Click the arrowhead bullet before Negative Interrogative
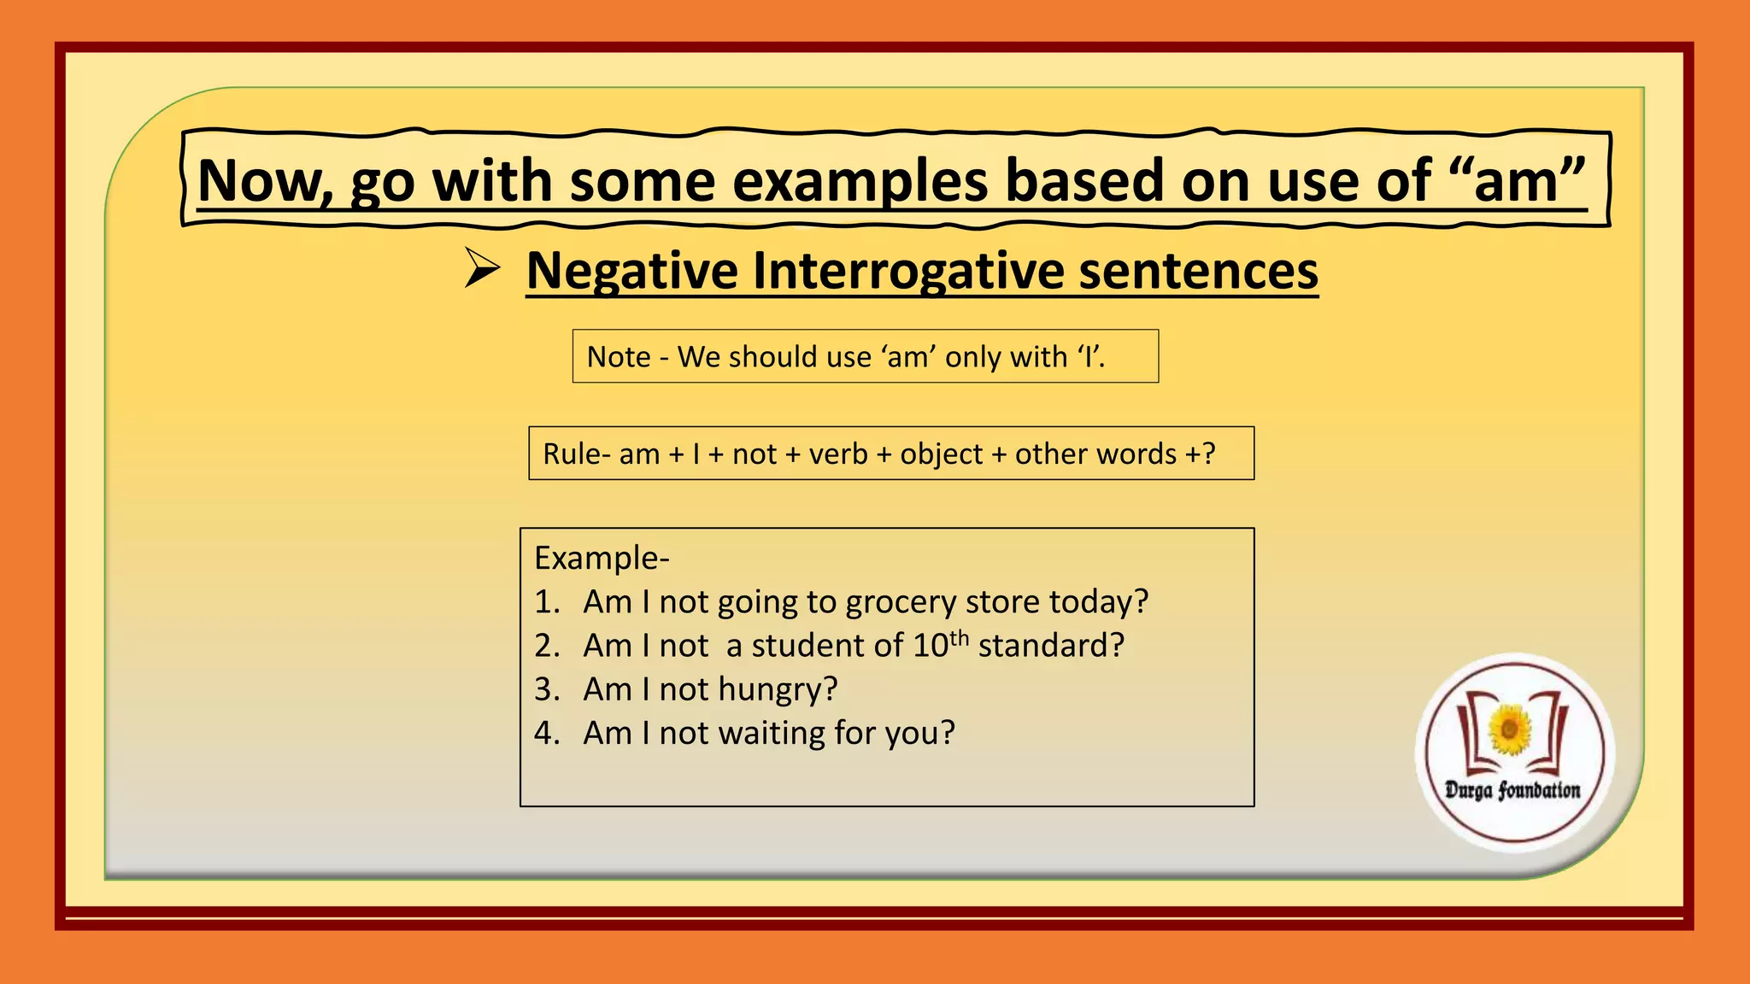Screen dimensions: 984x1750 (x=482, y=268)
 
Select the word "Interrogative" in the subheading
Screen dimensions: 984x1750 (x=907, y=272)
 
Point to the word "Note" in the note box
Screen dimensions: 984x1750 (x=619, y=357)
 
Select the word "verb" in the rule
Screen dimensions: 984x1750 (x=838, y=454)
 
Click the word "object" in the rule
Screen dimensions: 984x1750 (x=941, y=454)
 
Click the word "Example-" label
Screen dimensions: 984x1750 (x=602, y=559)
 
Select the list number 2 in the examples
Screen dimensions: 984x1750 (x=544, y=646)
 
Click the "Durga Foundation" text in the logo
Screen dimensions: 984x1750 (x=1512, y=790)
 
